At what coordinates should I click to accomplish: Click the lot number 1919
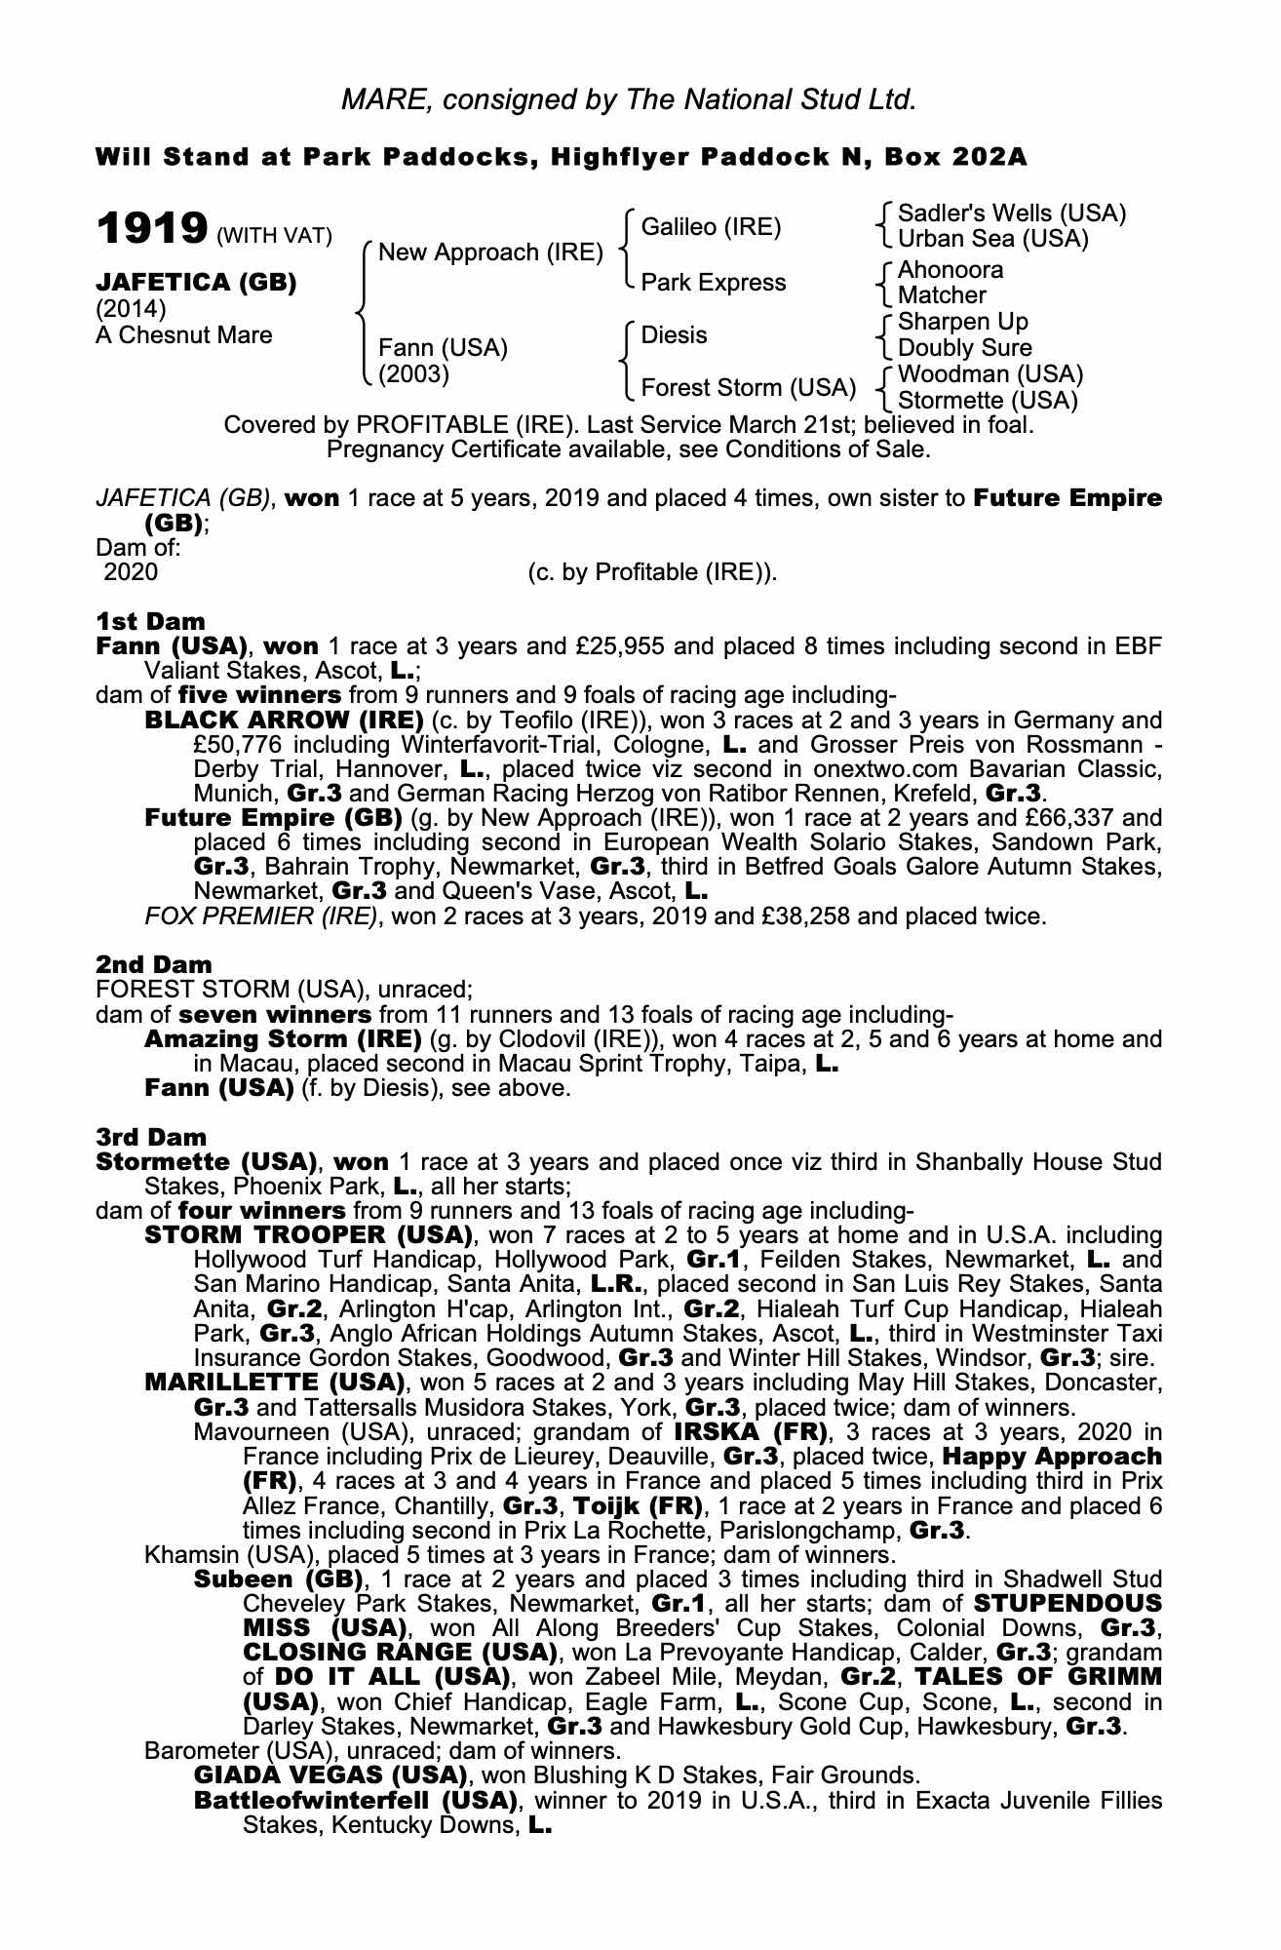pyautogui.click(x=151, y=229)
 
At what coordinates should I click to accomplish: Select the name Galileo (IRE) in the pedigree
pyautogui.click(x=711, y=227)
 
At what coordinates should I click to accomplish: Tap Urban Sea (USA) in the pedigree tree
pyautogui.click(x=992, y=239)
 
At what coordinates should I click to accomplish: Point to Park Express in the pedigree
pyautogui.click(x=713, y=283)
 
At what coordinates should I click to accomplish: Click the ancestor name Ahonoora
pyautogui.click(x=950, y=270)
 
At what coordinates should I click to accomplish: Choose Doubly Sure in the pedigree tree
pyautogui.click(x=964, y=348)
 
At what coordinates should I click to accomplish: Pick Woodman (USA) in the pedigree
pyautogui.click(x=990, y=374)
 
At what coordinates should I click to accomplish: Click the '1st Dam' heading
pyautogui.click(x=150, y=622)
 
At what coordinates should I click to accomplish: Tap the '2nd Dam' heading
pyautogui.click(x=153, y=965)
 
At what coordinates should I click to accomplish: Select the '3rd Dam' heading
pyautogui.click(x=151, y=1138)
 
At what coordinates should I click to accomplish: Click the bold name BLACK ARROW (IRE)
pyautogui.click(x=283, y=721)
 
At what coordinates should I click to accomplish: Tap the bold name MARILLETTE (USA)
pyautogui.click(x=274, y=1383)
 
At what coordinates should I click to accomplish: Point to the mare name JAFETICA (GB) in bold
pyautogui.click(x=196, y=283)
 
